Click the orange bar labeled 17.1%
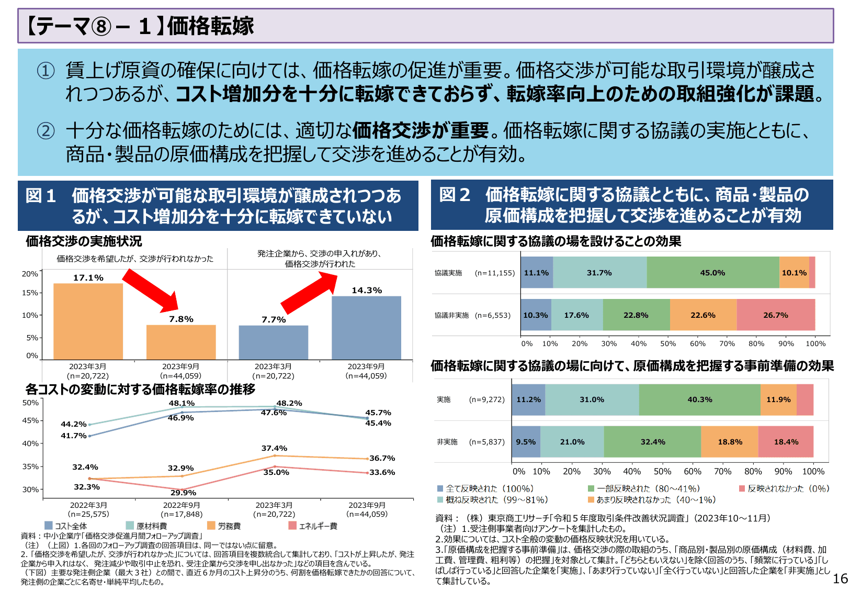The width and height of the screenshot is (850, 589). [x=88, y=320]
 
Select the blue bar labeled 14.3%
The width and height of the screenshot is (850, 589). [x=366, y=328]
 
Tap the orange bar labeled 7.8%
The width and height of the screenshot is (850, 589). [x=181, y=342]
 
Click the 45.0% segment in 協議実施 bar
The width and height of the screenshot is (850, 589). [x=712, y=273]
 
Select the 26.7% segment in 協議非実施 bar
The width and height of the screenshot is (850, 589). [x=775, y=315]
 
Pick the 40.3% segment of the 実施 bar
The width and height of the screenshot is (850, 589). [x=699, y=399]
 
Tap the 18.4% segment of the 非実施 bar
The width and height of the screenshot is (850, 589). [x=786, y=442]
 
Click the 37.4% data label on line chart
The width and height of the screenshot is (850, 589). [x=274, y=448]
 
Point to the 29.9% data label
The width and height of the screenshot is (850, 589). [x=183, y=493]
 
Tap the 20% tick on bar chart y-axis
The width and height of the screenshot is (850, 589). [x=29, y=274]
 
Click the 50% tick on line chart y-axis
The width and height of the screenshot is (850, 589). [x=30, y=403]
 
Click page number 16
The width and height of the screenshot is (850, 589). [x=840, y=579]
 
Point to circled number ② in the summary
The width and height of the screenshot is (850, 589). [x=46, y=130]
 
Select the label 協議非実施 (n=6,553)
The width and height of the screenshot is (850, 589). [x=472, y=315]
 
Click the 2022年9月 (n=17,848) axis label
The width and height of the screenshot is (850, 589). [x=182, y=509]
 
